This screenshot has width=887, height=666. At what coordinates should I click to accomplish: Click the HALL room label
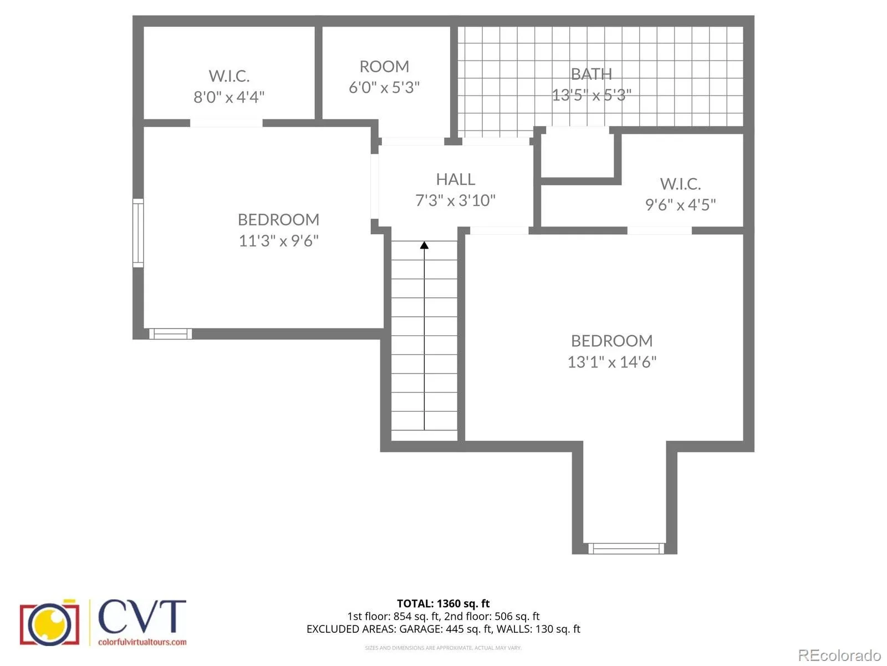pos(456,179)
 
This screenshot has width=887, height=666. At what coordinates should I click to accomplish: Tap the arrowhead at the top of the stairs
pos(424,245)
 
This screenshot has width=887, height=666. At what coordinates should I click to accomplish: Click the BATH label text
pos(591,74)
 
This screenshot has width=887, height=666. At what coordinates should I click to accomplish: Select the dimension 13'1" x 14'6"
pos(612,362)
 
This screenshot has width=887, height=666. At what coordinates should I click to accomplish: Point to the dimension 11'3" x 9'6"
pos(278,241)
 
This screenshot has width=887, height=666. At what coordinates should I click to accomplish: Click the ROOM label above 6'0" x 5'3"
pos(384,66)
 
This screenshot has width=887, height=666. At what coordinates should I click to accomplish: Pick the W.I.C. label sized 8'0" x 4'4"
pos(229,75)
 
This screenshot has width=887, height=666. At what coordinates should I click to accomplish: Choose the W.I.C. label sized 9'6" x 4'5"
pos(681,184)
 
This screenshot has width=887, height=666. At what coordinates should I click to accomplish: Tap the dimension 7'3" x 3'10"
pos(456,200)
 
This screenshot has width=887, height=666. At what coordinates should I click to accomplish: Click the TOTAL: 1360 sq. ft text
pos(443,603)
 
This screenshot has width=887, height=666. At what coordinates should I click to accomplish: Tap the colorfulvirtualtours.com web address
pos(142,642)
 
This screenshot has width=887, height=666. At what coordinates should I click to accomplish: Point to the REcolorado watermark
pos(839,655)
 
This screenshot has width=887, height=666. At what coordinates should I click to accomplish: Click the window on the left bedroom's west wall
pos(138,233)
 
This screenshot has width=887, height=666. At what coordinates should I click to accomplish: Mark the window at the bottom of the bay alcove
pos(626,548)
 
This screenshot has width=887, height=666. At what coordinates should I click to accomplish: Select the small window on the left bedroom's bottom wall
pos(171,334)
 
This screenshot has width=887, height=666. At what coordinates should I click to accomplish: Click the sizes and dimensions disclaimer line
pos(443,648)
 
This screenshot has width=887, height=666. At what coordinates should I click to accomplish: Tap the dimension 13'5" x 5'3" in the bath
pos(591,95)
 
